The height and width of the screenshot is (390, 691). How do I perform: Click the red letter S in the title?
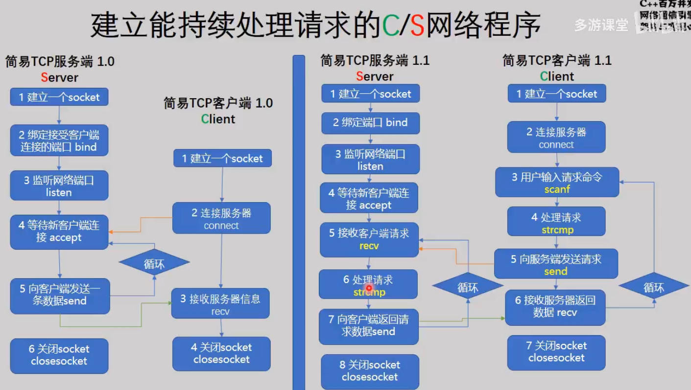click(417, 26)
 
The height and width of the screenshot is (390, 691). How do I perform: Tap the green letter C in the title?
click(390, 26)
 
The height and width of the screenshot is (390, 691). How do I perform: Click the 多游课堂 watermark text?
click(601, 25)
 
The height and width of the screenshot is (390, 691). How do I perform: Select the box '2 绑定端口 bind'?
click(370, 123)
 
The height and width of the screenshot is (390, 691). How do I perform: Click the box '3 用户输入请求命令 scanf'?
click(557, 182)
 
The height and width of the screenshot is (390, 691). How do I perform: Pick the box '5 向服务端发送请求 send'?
click(556, 264)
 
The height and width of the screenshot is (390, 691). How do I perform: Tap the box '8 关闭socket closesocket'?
click(370, 371)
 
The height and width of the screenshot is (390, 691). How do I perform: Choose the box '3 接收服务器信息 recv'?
click(220, 304)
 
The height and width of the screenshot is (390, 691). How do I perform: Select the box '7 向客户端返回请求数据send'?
click(368, 326)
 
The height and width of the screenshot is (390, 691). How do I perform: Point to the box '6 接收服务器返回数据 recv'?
click(555, 307)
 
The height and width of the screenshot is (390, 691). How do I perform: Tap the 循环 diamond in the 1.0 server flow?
click(154, 264)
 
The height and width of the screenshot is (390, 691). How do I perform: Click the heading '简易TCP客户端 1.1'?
click(557, 61)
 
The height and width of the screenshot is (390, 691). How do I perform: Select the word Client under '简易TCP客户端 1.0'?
click(218, 119)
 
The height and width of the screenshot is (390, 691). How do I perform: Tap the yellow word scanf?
click(557, 189)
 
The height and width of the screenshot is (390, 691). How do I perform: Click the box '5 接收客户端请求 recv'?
click(369, 239)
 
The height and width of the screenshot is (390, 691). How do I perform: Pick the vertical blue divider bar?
click(298, 221)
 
